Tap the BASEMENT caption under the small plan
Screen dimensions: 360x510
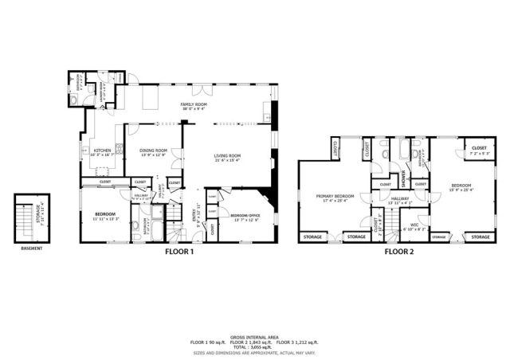pos(32,248)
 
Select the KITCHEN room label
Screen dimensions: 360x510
pos(103,150)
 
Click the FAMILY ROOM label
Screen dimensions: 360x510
pos(194,105)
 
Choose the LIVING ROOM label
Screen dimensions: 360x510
pos(226,156)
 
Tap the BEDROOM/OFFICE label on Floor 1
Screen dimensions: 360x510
pos(244,215)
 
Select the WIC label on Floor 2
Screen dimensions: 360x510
pos(414,225)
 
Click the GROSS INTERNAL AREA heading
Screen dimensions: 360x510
pos(254,337)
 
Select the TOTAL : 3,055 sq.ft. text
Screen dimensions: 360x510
pos(254,347)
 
